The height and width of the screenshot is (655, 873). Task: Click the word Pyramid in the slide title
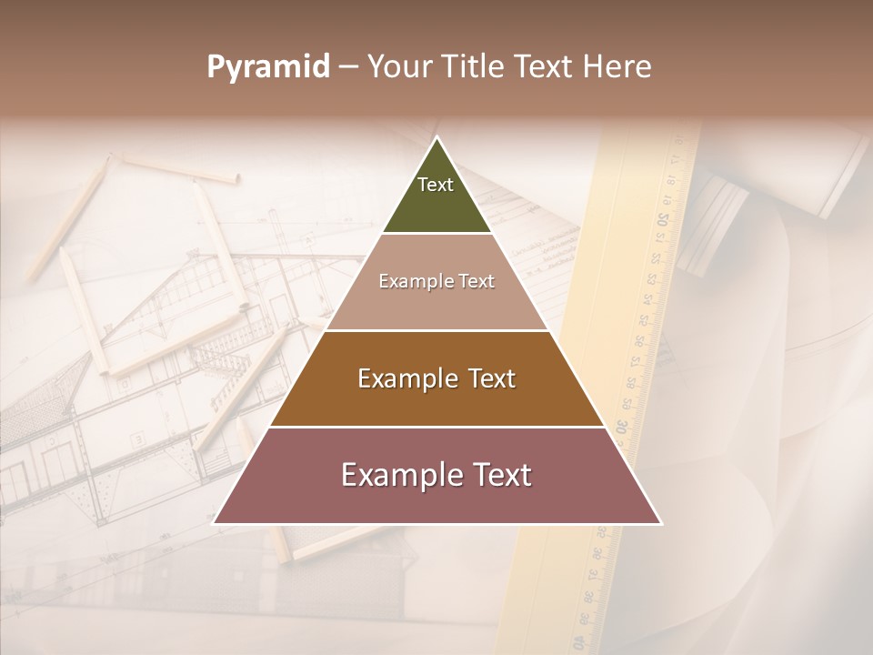coord(268,67)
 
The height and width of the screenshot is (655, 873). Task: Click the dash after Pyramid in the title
coord(348,67)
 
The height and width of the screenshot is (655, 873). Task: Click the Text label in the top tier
coord(436,185)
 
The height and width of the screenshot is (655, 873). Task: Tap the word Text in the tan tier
coord(477,282)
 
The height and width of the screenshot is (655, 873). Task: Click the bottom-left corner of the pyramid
coord(214,523)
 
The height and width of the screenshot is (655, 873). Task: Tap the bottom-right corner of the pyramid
coord(660,523)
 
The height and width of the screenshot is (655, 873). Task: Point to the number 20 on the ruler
coord(663,219)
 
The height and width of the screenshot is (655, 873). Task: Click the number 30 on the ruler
coord(621,426)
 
